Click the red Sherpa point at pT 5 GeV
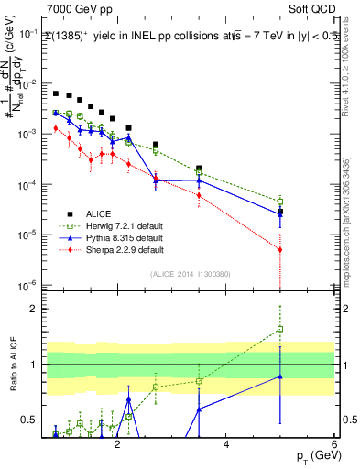(280, 249)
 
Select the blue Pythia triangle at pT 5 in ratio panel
(280, 376)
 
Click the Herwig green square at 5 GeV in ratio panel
(280, 329)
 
